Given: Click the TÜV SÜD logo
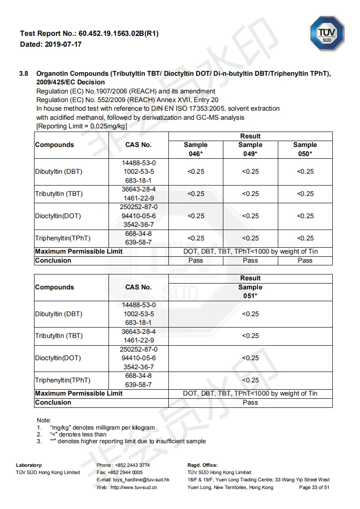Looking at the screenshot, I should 327,33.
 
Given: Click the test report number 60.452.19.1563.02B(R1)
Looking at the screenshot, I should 118,34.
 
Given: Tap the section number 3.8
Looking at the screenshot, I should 24,73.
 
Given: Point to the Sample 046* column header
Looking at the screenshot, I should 196,149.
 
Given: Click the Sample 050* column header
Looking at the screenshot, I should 305,149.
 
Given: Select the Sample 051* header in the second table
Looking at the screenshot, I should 250,291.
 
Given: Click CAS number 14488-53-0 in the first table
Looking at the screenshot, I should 138,162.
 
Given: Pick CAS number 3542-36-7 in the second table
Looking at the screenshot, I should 138,367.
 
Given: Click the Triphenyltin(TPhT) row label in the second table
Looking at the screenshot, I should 63,380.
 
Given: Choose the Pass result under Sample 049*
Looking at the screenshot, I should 250,260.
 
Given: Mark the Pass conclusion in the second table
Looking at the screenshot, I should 250,402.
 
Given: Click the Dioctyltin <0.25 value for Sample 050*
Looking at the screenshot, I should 305,216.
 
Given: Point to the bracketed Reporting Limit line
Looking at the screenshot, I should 82,126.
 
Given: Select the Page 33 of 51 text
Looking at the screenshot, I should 314,487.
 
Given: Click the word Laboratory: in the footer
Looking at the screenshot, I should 29,465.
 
